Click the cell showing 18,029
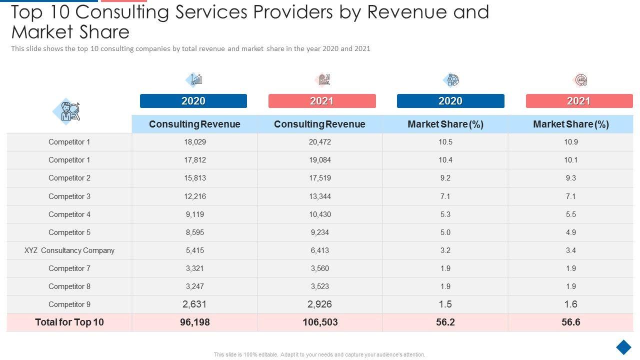click(x=195, y=142)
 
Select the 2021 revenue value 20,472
click(x=320, y=142)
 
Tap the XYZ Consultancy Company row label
click(x=69, y=250)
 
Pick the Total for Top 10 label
click(x=69, y=322)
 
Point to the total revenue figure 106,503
click(x=320, y=322)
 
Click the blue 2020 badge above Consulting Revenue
click(x=193, y=101)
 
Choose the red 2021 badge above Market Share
click(x=579, y=101)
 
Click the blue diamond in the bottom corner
click(x=623, y=347)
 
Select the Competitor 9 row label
click(x=69, y=304)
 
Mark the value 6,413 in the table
click(x=320, y=250)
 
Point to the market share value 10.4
click(x=445, y=160)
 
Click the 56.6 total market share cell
click(x=570, y=322)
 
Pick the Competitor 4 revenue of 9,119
click(x=195, y=214)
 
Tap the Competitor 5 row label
click(x=69, y=232)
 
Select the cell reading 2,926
click(x=320, y=304)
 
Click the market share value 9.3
click(x=570, y=178)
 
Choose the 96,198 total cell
click(x=195, y=322)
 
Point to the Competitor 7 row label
click(x=69, y=268)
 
